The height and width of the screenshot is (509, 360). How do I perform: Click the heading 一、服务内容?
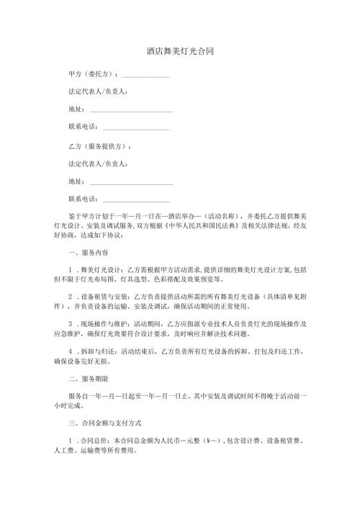89,253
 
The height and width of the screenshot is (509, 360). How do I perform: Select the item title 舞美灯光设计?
101,269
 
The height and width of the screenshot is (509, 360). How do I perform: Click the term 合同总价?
93,439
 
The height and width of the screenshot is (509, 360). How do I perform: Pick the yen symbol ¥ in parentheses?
228,439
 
